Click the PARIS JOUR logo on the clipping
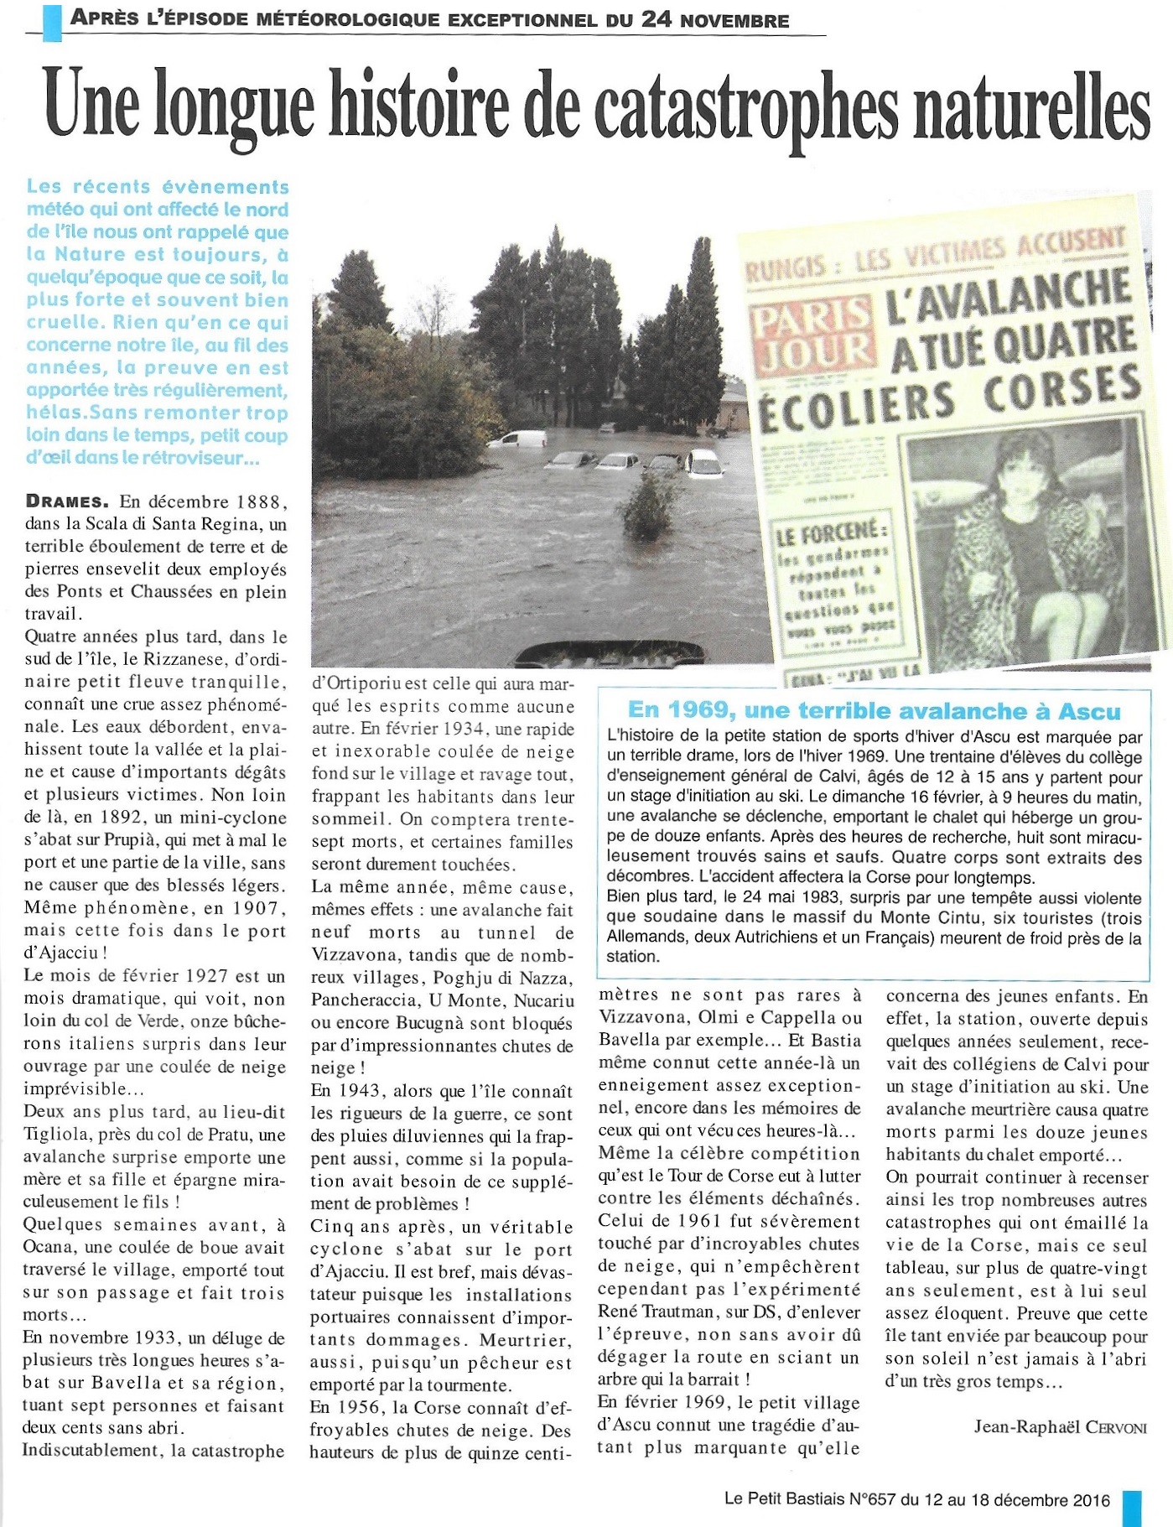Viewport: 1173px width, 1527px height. pyautogui.click(x=812, y=335)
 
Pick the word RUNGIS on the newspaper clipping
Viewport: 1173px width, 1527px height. pyautogui.click(x=786, y=267)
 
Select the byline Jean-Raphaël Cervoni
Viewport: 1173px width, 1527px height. pyautogui.click(x=1060, y=1426)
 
